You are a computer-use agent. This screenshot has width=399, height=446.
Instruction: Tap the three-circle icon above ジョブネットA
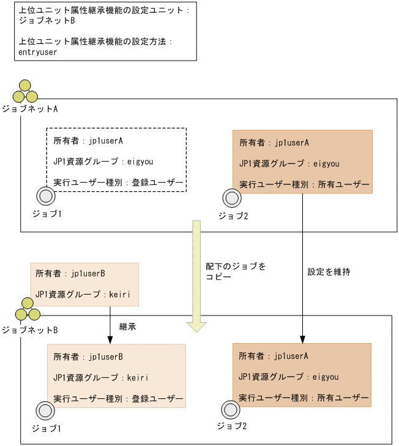tap(25, 91)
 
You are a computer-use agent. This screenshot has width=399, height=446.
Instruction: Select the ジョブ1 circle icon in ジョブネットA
tap(46, 196)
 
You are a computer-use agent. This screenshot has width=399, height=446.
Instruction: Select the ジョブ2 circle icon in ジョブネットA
tap(231, 197)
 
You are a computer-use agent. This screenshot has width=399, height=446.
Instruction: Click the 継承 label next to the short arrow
tap(127, 327)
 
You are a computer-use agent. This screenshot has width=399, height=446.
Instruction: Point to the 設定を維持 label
tap(329, 271)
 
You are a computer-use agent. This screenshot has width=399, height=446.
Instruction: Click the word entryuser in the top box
tap(38, 53)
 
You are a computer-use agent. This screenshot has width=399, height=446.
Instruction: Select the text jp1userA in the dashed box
tap(106, 141)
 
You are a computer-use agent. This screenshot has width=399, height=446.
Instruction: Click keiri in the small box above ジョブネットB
tap(121, 294)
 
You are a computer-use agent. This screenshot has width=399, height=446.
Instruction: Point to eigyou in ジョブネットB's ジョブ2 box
tap(326, 377)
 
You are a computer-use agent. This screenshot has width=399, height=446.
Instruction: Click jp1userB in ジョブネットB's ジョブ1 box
tap(106, 356)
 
